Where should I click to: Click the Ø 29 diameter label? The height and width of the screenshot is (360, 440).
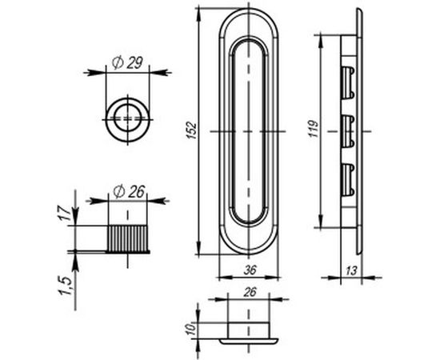[128, 62]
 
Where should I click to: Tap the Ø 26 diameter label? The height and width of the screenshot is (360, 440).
[129, 192]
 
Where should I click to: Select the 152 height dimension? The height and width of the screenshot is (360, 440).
[192, 130]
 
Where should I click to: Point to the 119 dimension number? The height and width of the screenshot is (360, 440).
[314, 129]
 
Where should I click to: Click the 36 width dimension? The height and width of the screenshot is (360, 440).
[250, 270]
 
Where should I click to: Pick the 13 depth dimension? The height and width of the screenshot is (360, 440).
[351, 270]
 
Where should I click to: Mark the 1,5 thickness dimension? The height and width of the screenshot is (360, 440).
[64, 286]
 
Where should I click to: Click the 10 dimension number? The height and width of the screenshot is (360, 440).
[190, 328]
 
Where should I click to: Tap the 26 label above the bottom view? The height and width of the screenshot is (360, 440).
[250, 292]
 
